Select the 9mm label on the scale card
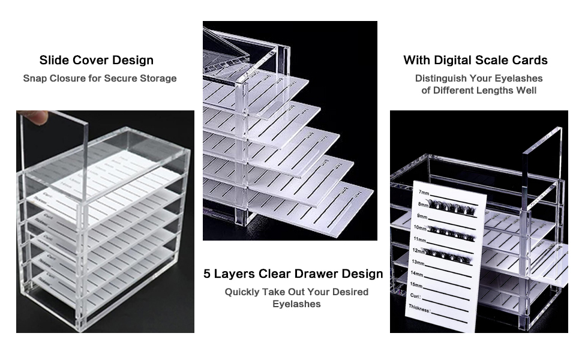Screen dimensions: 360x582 pyautogui.click(x=422, y=216)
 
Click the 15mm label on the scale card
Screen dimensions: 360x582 pyautogui.click(x=416, y=285)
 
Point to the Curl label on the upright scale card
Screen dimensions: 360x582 pyautogui.click(x=414, y=296)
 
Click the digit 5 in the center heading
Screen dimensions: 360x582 pyautogui.click(x=207, y=274)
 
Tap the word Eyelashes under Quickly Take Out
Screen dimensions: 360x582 pyautogui.click(x=296, y=304)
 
